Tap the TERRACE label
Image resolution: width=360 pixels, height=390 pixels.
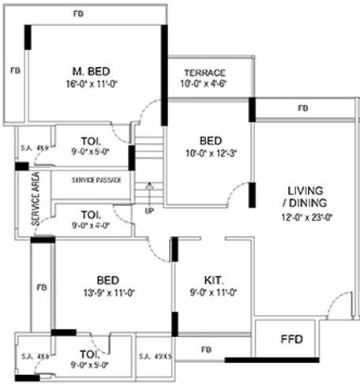tap(204, 72)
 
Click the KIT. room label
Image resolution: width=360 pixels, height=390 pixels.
tap(213, 280)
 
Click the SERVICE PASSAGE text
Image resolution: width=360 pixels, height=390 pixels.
tap(97, 180)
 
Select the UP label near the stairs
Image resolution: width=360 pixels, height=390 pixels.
tap(149, 211)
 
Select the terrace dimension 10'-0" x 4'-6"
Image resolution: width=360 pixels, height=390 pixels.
tap(205, 83)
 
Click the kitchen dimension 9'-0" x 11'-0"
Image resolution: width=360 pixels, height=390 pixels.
tap(213, 293)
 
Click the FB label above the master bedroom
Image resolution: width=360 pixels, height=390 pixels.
tap(77, 14)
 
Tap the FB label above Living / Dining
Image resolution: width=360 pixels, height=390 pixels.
tap(303, 108)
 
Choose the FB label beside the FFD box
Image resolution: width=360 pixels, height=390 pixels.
tap(206, 348)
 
